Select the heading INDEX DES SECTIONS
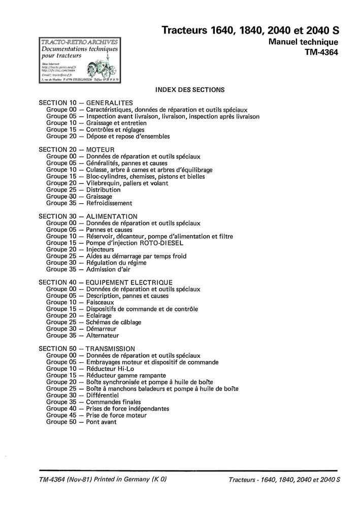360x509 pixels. [x=190, y=89]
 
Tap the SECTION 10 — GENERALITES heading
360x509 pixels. [x=86, y=103]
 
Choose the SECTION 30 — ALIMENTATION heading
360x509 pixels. [x=88, y=216]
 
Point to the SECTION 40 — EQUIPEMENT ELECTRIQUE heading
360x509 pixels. [x=106, y=282]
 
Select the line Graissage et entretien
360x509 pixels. [x=116, y=123]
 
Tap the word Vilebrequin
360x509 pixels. [x=104, y=183]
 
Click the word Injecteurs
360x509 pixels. [x=100, y=249]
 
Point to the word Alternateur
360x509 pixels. [x=102, y=335]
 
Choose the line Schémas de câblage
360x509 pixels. [x=114, y=322]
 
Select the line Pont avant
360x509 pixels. [x=101, y=422]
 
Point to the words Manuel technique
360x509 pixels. [x=303, y=42]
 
